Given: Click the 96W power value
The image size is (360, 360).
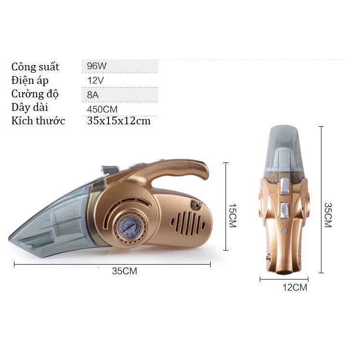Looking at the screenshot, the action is (x=97, y=66).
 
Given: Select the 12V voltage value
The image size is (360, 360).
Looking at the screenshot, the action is (x=95, y=80).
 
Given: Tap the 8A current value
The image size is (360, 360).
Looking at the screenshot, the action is (x=93, y=95).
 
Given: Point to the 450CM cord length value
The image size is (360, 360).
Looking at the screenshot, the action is (x=102, y=109).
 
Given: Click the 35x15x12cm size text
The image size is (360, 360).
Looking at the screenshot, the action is (x=119, y=121).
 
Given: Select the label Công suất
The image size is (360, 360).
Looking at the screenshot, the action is (x=35, y=67).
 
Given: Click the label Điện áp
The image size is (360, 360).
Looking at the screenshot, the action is (x=30, y=80).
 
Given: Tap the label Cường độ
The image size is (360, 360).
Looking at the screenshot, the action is (x=35, y=93).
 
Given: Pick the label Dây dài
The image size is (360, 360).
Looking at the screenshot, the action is (x=30, y=107).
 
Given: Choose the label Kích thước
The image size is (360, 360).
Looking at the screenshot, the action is (x=38, y=121).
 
